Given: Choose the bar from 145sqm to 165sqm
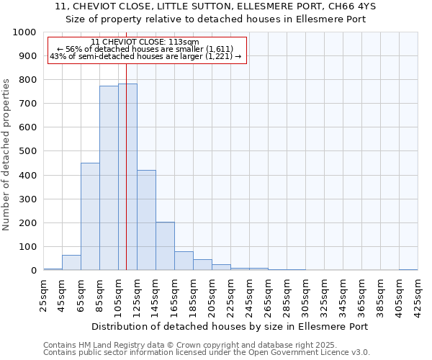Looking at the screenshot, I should [165, 246].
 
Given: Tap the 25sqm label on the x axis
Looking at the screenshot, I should [43, 294].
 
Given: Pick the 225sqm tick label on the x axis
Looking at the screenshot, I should [230, 294].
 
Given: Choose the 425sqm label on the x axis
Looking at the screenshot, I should [418, 294].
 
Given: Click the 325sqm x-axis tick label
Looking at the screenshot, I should [324, 294].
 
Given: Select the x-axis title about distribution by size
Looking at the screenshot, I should [230, 326].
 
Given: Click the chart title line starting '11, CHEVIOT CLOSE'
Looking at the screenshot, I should [215, 6].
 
